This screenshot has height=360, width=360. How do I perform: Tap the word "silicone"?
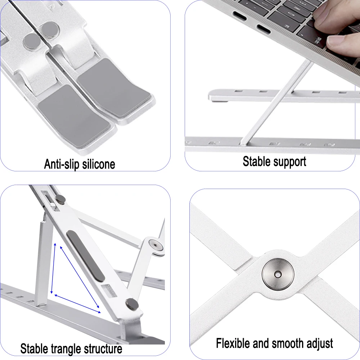pos(98,164)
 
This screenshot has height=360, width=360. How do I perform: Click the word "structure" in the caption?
pos(103,349)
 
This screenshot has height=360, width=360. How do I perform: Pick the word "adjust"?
pos(319,343)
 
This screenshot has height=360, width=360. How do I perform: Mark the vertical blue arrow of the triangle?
pos(53,268)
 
